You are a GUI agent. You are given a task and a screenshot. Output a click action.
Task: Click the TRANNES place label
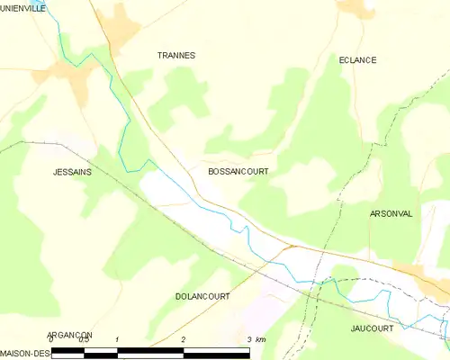[x=176, y=56]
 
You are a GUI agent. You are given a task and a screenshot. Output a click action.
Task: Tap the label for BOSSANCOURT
[x=238, y=170]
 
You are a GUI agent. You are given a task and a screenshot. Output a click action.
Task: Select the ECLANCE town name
[x=357, y=60]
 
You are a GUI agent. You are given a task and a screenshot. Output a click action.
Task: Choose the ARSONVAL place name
[x=391, y=214]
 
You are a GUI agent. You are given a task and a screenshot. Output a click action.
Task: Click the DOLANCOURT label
[x=202, y=296]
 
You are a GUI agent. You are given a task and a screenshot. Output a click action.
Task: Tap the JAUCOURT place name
[x=372, y=329]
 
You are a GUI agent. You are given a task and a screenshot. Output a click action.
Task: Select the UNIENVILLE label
[x=23, y=7]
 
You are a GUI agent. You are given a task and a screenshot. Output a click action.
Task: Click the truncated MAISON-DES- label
[x=25, y=352]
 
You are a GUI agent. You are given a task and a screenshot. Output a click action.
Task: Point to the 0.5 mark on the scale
[x=84, y=340]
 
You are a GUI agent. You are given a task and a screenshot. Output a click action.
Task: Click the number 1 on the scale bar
[x=118, y=340]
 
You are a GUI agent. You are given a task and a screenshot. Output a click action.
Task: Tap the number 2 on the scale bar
[x=184, y=340]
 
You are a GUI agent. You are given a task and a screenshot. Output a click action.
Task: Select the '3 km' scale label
[x=256, y=340]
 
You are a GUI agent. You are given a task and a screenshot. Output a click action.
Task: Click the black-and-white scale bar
[x=150, y=352]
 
